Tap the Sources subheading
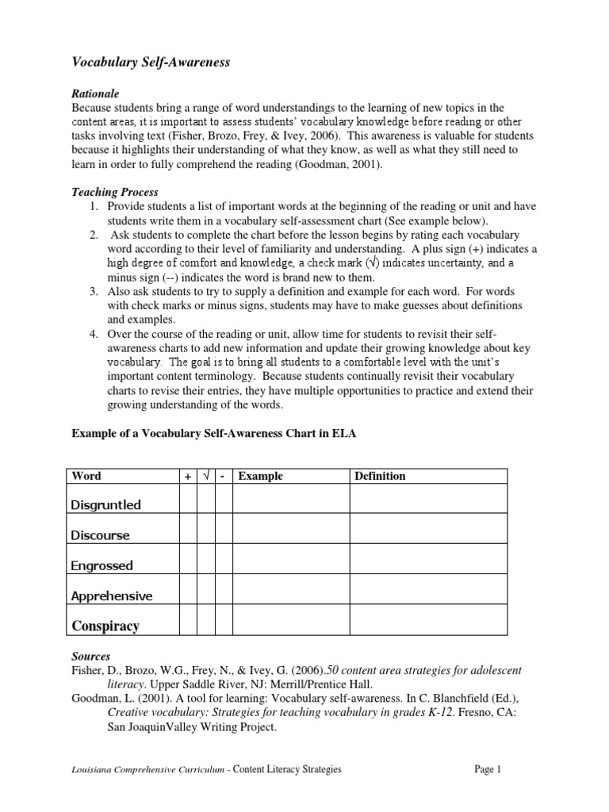[x=91, y=657]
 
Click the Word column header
[x=86, y=476]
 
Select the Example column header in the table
[x=260, y=476]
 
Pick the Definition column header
[x=380, y=476]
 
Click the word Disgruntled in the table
[x=106, y=504]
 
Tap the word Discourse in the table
[x=101, y=535]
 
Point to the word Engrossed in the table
[x=102, y=565]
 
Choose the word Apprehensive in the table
[x=112, y=596]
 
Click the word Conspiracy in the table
[x=105, y=626]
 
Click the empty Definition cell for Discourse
[x=428, y=528]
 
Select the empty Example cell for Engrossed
[x=291, y=558]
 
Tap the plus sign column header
[x=188, y=476]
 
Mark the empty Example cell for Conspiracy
[x=291, y=619]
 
